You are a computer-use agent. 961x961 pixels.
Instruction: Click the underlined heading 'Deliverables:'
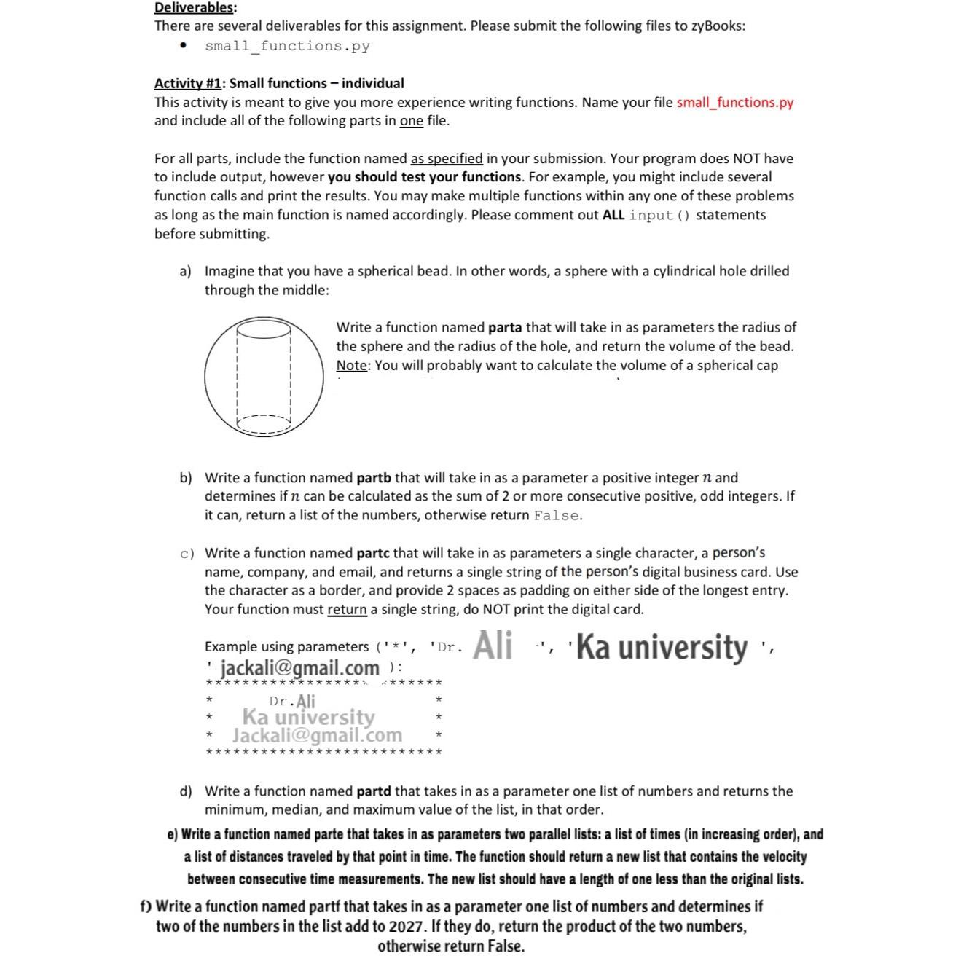[x=195, y=8]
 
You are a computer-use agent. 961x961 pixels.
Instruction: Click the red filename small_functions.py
[x=734, y=103]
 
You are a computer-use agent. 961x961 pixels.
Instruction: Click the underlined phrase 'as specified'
[x=447, y=159]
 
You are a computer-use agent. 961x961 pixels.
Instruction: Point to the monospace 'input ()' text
[x=659, y=215]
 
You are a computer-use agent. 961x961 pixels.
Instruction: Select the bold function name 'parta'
[x=504, y=328]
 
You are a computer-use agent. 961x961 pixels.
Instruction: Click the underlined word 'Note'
[x=351, y=366]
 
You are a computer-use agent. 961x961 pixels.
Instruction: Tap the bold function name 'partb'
[x=374, y=478]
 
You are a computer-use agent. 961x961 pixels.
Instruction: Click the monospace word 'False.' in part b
[x=557, y=516]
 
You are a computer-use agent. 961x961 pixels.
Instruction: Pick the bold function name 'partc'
[x=374, y=553]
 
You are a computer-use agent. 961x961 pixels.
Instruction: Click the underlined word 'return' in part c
[x=347, y=610]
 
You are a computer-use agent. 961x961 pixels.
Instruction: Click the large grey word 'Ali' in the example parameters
[x=493, y=646]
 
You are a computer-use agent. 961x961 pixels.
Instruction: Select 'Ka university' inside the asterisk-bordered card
[x=308, y=717]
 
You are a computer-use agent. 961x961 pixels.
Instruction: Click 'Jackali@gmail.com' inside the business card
[x=317, y=735]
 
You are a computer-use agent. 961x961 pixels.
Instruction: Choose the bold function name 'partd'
[x=374, y=791]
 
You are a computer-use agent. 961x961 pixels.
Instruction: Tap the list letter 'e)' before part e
[x=172, y=835]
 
